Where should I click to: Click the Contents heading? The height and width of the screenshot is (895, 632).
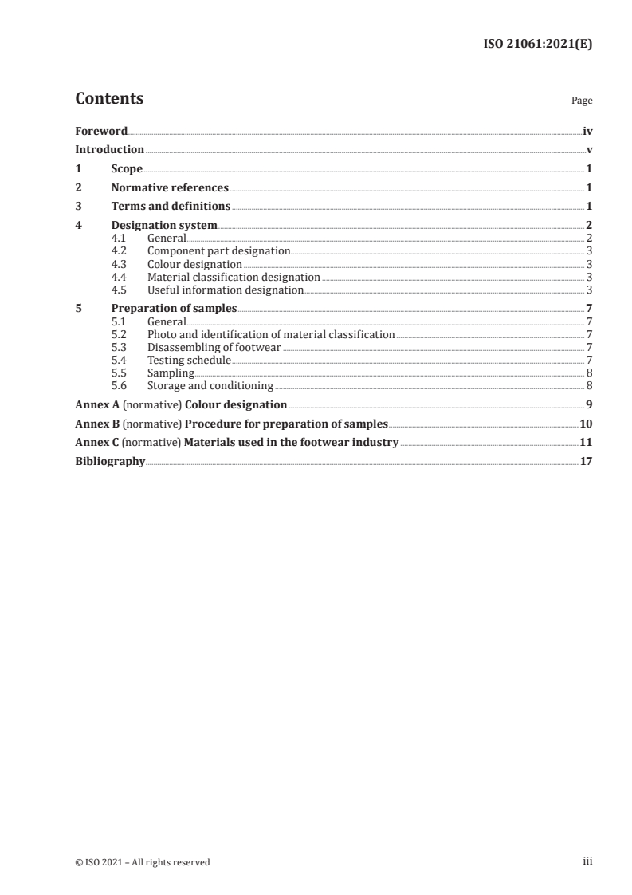(109, 99)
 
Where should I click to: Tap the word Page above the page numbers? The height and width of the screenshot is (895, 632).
(582, 101)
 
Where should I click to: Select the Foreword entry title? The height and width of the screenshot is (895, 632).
(101, 131)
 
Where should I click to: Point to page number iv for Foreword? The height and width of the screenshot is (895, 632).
(587, 131)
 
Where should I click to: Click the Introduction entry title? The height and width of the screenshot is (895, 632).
(109, 150)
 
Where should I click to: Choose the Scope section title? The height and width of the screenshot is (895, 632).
(127, 169)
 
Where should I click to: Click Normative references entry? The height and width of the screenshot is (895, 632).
(170, 188)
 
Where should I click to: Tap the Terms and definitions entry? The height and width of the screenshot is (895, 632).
(171, 207)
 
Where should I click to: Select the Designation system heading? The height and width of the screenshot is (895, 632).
(164, 226)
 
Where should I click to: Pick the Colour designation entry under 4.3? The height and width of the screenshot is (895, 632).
(194, 264)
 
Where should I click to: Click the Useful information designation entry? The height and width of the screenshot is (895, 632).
(226, 290)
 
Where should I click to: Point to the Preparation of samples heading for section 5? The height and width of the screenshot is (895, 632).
(174, 309)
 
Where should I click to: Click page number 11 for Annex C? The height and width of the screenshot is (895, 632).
(586, 442)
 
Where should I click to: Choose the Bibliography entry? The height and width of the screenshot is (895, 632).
(110, 461)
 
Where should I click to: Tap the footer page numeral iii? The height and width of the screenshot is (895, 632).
(587, 861)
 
